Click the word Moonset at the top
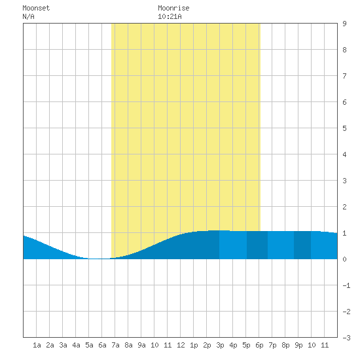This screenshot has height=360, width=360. pyautogui.click(x=36, y=8)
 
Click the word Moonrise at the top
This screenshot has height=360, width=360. pyautogui.click(x=173, y=8)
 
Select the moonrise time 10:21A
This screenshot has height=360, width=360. pyautogui.click(x=170, y=16)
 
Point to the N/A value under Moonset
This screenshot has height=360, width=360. pyautogui.click(x=28, y=16)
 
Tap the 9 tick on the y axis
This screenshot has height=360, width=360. pyautogui.click(x=344, y=24)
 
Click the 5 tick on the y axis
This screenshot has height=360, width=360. pyautogui.click(x=344, y=128)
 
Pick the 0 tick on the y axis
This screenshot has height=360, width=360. pyautogui.click(x=344, y=259)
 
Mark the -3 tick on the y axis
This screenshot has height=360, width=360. pyautogui.click(x=346, y=338)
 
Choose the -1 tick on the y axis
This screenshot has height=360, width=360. pyautogui.click(x=346, y=285)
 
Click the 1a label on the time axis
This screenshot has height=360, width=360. pyautogui.click(x=37, y=345)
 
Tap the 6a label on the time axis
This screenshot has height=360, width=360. pyautogui.click(x=102, y=345)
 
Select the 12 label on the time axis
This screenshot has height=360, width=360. pyautogui.click(x=181, y=345)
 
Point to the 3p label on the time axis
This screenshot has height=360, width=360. pyautogui.click(x=220, y=345)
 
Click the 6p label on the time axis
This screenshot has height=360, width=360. pyautogui.click(x=259, y=345)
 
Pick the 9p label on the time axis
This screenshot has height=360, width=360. pyautogui.click(x=298, y=345)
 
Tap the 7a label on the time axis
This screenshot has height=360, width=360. pyautogui.click(x=115, y=345)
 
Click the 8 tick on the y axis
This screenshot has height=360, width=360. pyautogui.click(x=344, y=50)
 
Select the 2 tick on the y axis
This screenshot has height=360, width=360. pyautogui.click(x=344, y=207)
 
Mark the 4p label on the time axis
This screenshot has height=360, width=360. pyautogui.click(x=233, y=345)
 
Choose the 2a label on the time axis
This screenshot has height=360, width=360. pyautogui.click(x=50, y=345)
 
